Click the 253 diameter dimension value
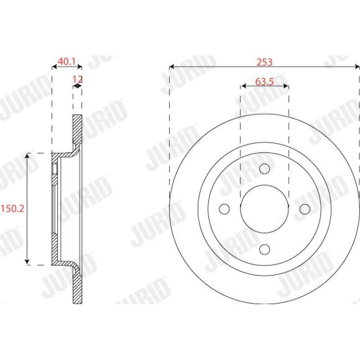click(x=265, y=62)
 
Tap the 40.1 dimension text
click(x=67, y=62)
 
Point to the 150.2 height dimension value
click(x=13, y=209)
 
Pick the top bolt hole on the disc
click(x=265, y=169)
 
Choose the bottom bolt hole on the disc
click(x=265, y=249)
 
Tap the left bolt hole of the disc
click(x=224, y=209)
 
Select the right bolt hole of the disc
click(x=305, y=209)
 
